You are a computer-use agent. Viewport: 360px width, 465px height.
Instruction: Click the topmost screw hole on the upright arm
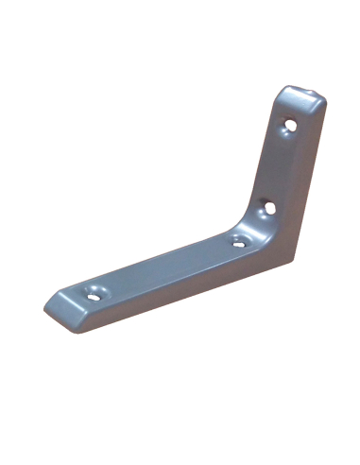(x=292, y=123)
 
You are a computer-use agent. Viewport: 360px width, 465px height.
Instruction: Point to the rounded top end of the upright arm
(x=302, y=94)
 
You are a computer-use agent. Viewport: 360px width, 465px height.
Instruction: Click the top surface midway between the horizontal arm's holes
(x=165, y=265)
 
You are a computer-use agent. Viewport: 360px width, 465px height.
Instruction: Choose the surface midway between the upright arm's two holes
(x=282, y=163)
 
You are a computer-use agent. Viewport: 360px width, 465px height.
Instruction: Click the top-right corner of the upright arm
(x=323, y=98)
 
